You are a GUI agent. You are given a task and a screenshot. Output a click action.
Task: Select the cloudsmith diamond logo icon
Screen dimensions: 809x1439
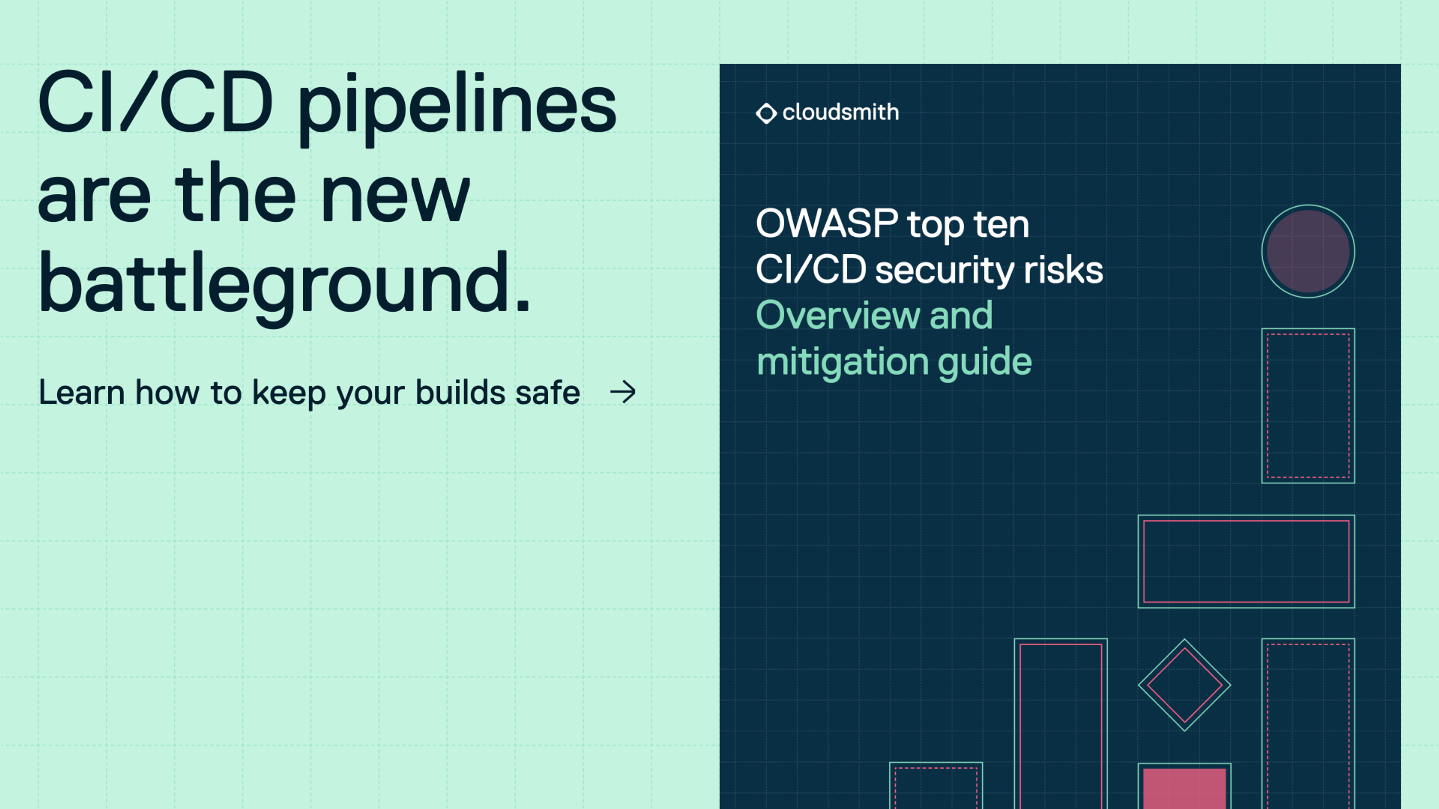tap(766, 113)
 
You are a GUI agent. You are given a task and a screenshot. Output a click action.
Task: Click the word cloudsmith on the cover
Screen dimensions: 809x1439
tap(841, 112)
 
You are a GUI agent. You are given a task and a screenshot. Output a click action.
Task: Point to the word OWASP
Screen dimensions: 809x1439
tap(826, 223)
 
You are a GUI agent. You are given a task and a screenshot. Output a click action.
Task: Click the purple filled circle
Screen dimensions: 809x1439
tap(1308, 251)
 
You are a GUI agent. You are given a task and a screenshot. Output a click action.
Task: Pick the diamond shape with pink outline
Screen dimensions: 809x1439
tap(1184, 685)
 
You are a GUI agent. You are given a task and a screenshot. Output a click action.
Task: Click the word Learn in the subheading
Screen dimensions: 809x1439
tap(82, 393)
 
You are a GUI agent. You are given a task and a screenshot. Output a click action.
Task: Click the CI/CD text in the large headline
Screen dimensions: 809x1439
tap(155, 104)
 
